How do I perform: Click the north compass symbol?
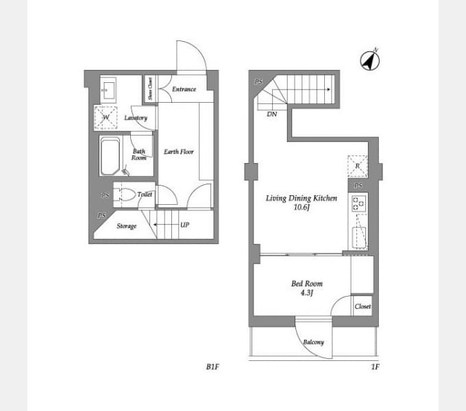(369, 60)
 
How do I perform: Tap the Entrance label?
(184, 89)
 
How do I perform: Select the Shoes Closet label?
(150, 88)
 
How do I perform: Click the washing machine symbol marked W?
(106, 118)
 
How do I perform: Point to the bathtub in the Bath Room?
(110, 156)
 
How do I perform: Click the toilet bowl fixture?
(127, 195)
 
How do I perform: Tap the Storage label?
(127, 226)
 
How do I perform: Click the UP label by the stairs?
(184, 225)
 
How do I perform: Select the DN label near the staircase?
(272, 114)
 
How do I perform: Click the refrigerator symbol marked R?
(358, 166)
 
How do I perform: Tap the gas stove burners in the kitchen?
(358, 203)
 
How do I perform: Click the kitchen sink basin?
(359, 238)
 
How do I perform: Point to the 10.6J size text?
(302, 208)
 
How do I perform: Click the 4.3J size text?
(307, 292)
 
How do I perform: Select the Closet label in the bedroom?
(363, 306)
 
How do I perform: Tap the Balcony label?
(314, 342)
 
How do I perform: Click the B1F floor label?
(212, 366)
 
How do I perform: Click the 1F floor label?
(376, 366)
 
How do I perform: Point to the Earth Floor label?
(179, 152)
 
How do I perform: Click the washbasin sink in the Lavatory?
(108, 88)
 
